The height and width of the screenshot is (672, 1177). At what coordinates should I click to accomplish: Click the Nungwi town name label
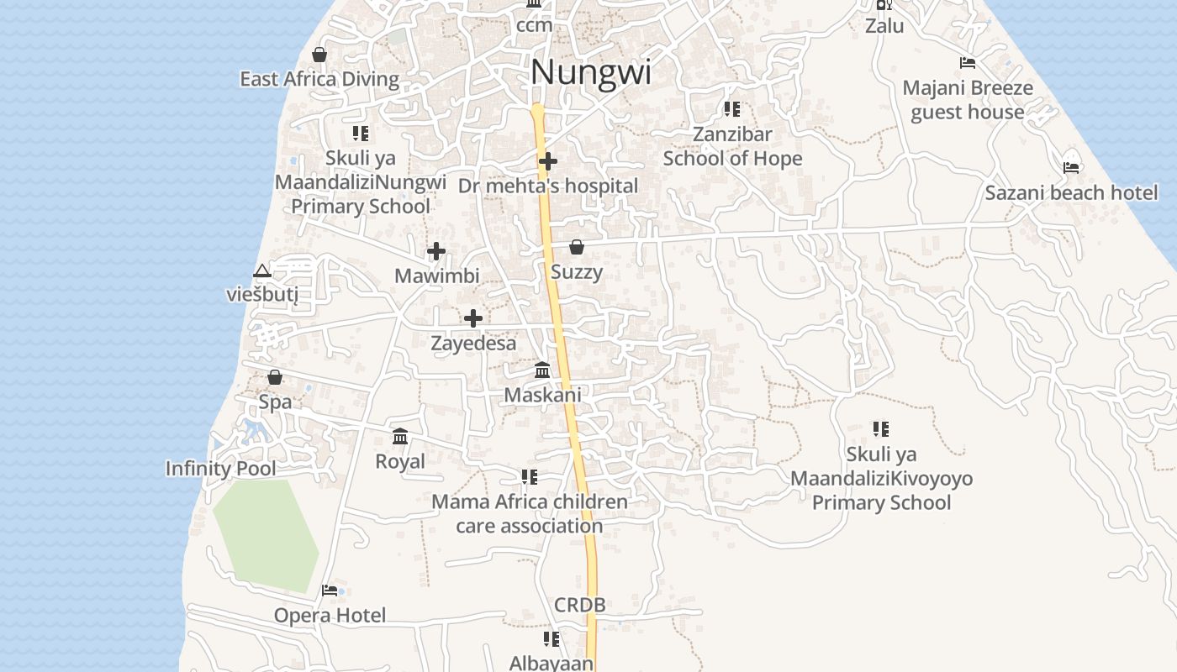click(591, 72)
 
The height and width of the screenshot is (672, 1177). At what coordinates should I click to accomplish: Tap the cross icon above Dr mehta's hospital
click(548, 160)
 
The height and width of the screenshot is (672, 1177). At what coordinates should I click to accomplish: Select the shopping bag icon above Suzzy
click(577, 247)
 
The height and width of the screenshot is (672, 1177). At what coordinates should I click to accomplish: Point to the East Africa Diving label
click(319, 79)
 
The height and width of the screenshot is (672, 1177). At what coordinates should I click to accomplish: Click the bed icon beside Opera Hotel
click(330, 591)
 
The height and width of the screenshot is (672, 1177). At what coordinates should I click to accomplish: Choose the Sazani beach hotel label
click(1071, 192)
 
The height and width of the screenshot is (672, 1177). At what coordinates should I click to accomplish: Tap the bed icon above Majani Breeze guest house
click(968, 63)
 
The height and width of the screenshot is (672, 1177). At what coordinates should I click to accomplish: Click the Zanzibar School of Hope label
click(732, 146)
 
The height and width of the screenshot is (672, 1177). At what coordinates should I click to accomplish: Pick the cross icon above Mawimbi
click(436, 251)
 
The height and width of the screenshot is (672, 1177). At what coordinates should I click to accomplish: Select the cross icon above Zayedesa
click(473, 318)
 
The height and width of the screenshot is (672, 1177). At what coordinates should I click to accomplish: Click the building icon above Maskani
click(543, 370)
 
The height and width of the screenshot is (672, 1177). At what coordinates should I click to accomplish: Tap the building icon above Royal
click(400, 437)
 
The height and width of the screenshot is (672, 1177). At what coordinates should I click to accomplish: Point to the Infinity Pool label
click(220, 468)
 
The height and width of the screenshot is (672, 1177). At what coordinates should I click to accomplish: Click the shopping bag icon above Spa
click(275, 377)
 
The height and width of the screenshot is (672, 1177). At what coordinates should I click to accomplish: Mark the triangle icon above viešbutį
click(262, 270)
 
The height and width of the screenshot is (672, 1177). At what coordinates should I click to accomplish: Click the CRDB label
click(580, 605)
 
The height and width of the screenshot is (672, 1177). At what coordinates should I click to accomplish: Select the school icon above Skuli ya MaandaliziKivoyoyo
click(881, 429)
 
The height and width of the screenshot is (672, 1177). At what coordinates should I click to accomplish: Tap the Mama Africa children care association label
click(530, 514)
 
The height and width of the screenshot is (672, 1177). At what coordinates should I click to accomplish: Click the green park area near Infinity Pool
click(265, 533)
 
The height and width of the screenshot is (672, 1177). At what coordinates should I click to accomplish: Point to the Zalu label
click(884, 26)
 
